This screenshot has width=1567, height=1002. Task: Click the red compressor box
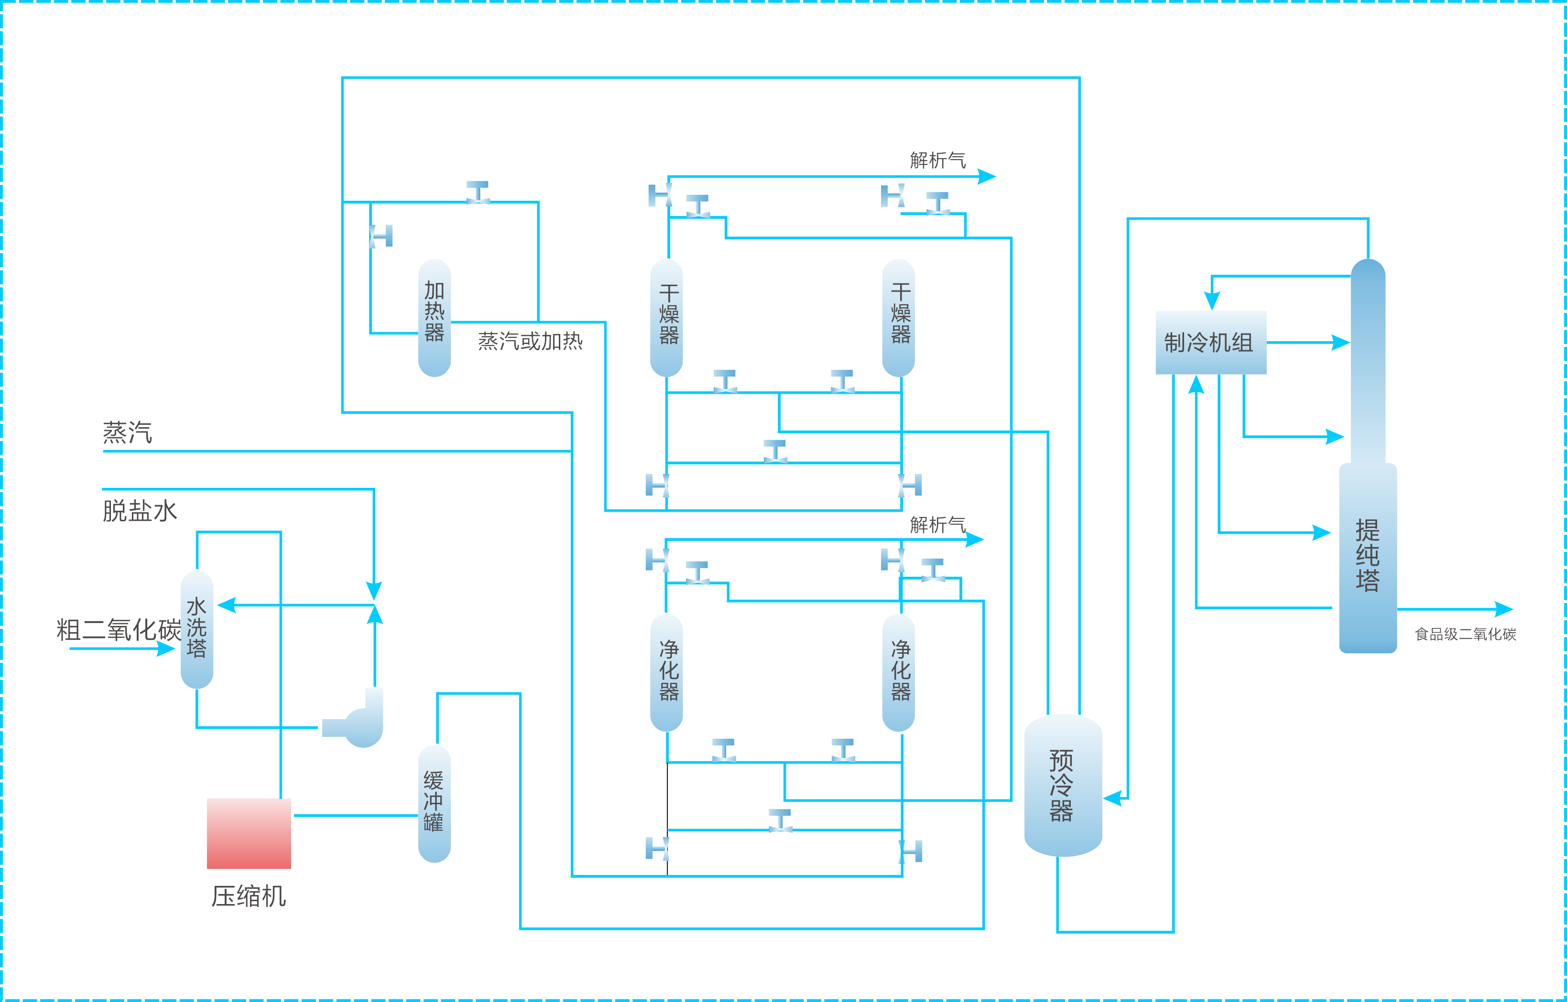249,833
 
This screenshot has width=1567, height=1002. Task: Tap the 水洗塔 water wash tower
196,629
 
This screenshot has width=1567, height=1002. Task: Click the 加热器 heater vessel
434,318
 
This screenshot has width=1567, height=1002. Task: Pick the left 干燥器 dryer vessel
666,318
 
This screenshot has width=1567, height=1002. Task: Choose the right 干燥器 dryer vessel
898,318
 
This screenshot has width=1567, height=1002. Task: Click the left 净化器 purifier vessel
666,672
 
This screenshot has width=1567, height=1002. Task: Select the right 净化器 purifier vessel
898,672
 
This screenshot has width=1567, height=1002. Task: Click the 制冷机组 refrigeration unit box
1210,342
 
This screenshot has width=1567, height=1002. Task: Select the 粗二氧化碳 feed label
119,630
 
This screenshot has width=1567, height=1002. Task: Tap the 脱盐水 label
139,511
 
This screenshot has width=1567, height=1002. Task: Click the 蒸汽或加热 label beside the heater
530,341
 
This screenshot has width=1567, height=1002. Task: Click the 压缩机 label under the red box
249,896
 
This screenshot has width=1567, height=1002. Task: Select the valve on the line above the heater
478,193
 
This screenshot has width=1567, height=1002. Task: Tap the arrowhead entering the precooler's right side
1113,798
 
